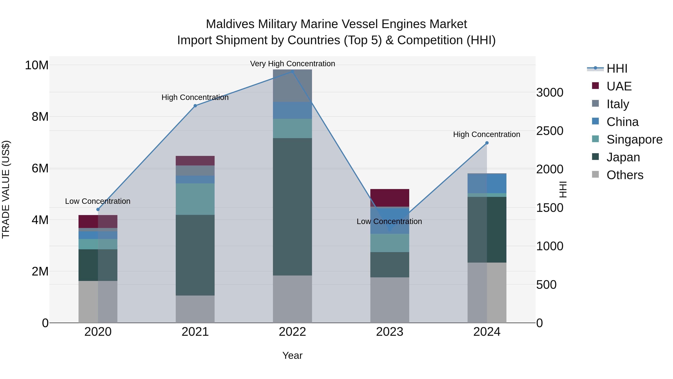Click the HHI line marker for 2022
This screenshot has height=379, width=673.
point(292,72)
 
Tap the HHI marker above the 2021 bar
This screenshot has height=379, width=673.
point(195,106)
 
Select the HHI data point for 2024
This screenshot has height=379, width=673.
point(487,143)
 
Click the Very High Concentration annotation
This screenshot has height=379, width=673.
point(292,64)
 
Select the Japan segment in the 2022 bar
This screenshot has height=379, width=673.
point(292,207)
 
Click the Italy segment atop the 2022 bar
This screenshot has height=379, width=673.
point(292,86)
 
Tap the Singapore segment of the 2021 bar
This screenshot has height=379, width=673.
point(195,199)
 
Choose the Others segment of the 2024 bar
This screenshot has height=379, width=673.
point(487,292)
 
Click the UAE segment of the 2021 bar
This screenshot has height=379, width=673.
point(195,161)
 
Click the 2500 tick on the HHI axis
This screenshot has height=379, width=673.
point(550,131)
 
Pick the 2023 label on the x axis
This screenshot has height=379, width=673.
point(390,332)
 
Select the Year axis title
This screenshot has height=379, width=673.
point(292,355)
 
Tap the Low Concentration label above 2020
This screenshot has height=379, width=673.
point(98,201)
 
